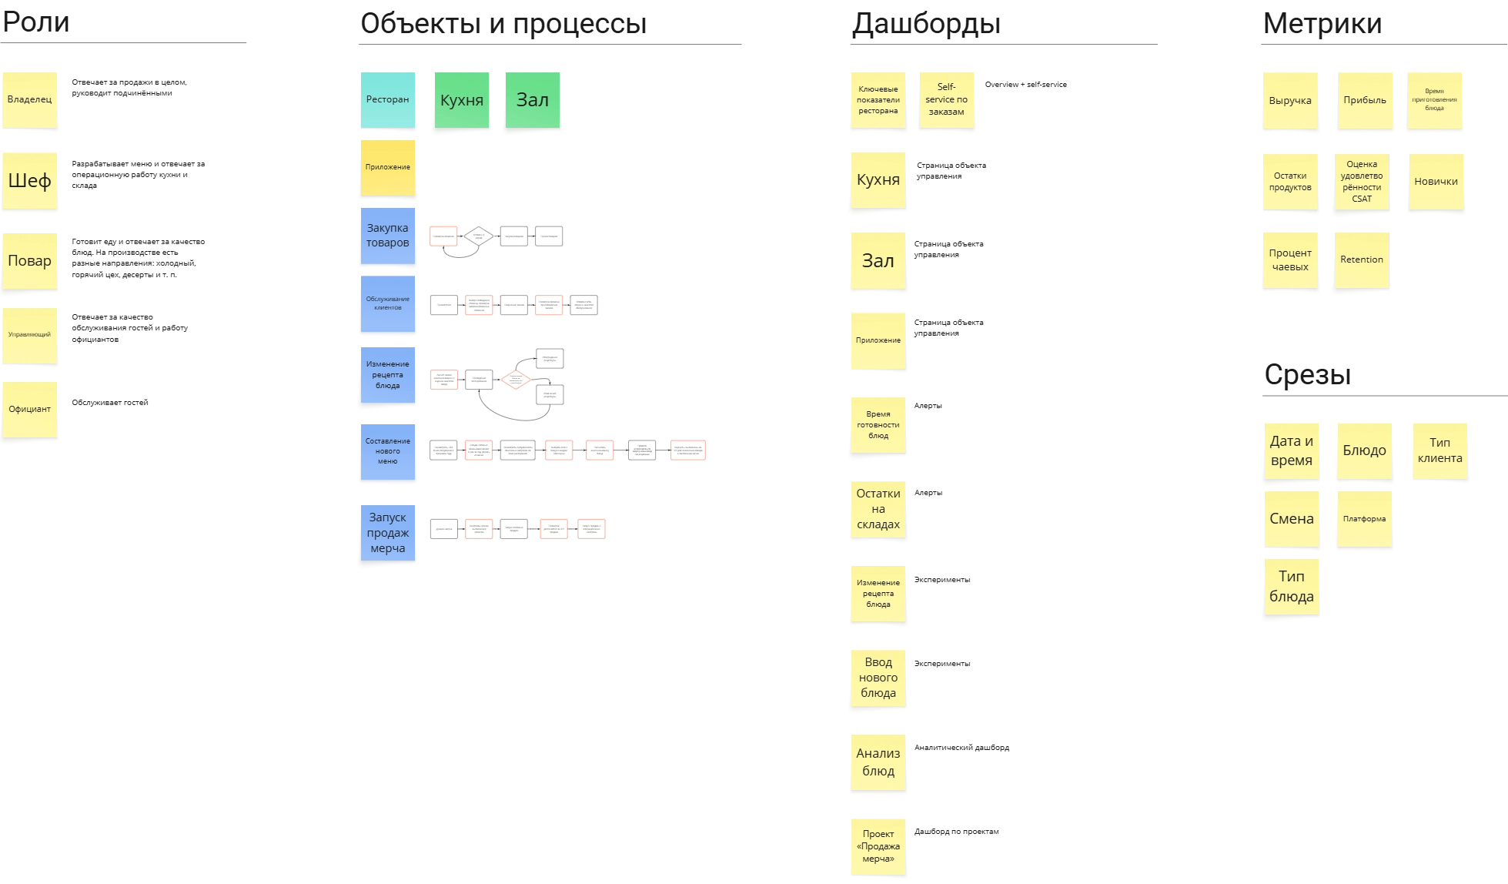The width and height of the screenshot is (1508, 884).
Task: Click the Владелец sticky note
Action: (30, 99)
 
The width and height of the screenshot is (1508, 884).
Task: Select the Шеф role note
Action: (30, 181)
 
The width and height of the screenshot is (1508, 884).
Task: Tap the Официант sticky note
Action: (30, 410)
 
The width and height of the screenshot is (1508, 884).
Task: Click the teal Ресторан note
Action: (387, 99)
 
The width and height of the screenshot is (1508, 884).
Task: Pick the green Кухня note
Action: (461, 100)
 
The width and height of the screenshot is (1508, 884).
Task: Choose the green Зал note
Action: (532, 99)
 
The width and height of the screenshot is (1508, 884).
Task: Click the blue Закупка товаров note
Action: (387, 236)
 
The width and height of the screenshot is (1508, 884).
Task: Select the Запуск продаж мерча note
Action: (387, 534)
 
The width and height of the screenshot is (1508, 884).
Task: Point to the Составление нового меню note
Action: (387, 451)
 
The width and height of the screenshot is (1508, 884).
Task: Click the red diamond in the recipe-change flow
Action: (515, 380)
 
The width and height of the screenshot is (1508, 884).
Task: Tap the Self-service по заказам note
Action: (946, 99)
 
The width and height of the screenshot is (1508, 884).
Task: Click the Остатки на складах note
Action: (878, 509)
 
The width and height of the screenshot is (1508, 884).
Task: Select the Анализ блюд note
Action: (878, 762)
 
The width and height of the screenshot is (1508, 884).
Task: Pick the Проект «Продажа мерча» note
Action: (878, 845)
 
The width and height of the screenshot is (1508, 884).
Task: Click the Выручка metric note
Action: (1289, 100)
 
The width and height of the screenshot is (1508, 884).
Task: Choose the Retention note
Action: (1361, 260)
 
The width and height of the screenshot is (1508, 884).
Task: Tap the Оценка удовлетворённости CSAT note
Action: (1361, 182)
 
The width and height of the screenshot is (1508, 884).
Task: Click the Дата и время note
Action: (1291, 451)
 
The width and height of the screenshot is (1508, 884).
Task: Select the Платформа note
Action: (1364, 519)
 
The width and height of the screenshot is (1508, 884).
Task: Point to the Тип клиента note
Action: (1439, 450)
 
